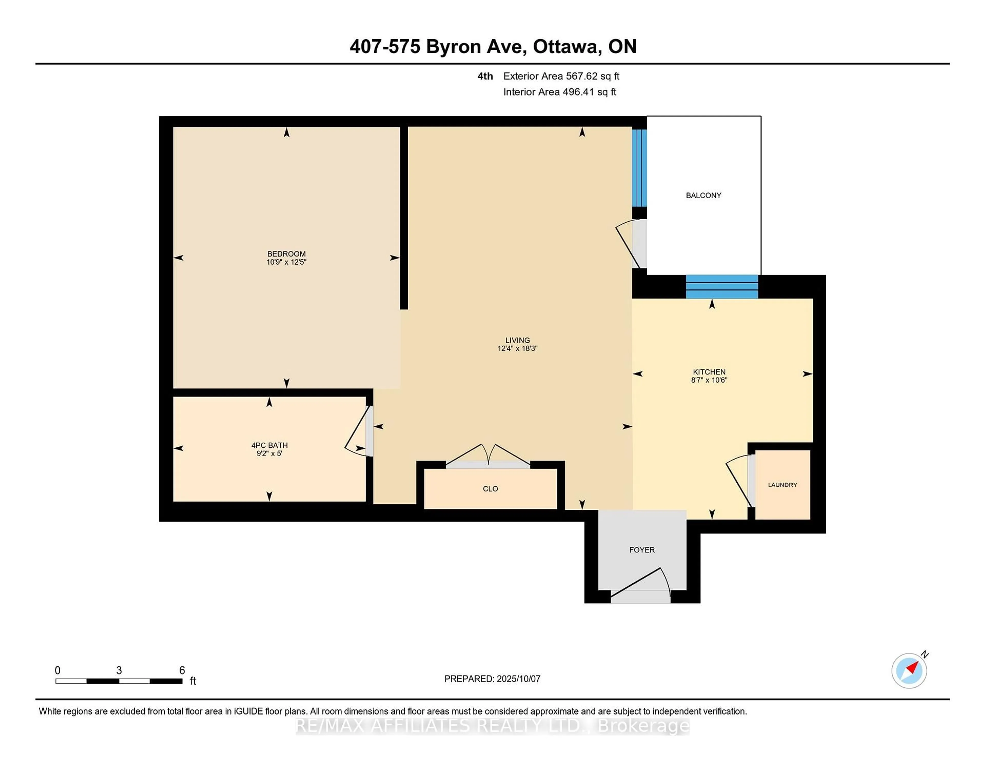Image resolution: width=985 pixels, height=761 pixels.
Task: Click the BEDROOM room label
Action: [x=286, y=254]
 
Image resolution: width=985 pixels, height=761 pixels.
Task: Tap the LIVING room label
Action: [x=517, y=341]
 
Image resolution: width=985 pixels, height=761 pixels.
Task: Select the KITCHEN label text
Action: [x=709, y=372]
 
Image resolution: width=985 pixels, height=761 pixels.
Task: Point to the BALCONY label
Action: [x=704, y=195]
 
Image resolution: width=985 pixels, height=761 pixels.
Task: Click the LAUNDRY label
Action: [x=783, y=485]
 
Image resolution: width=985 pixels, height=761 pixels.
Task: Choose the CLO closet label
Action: [x=490, y=489]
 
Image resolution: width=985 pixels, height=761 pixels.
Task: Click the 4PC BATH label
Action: [x=269, y=445]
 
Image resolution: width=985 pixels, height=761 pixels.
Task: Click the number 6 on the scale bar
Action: [x=182, y=670]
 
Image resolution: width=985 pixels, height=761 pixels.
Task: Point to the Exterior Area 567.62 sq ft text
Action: [x=562, y=76]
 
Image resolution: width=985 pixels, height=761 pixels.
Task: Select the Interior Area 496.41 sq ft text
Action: [x=560, y=92]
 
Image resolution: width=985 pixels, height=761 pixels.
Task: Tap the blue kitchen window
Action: [x=722, y=287]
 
